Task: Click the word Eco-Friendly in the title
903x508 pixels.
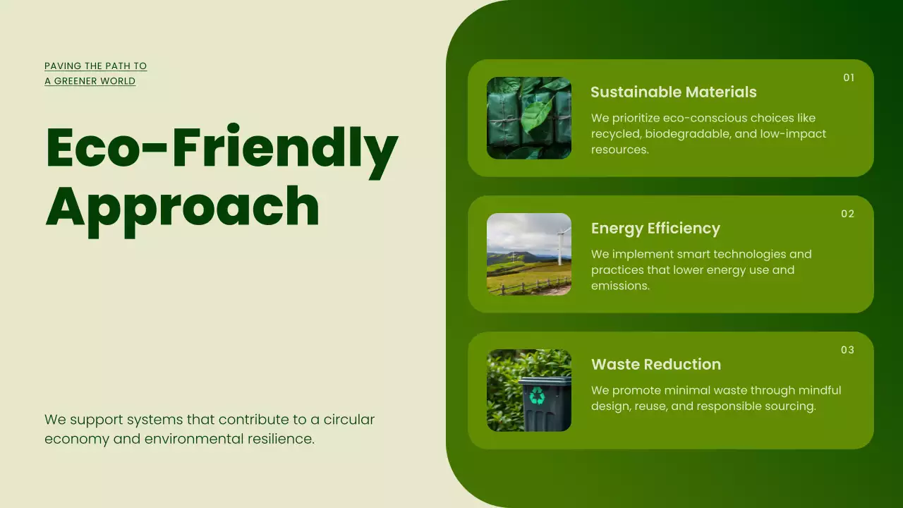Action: (x=222, y=147)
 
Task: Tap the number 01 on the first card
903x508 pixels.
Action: (x=849, y=78)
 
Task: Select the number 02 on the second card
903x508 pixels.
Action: (x=847, y=214)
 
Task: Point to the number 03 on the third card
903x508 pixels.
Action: (x=847, y=350)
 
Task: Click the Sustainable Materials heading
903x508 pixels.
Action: (x=673, y=92)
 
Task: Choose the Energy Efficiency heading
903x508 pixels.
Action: (x=655, y=228)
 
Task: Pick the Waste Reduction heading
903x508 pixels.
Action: (x=655, y=364)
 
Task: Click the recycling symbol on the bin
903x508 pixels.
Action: (x=538, y=396)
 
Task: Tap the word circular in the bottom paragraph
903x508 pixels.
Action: (x=349, y=419)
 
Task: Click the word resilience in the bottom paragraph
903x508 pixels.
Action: (x=281, y=439)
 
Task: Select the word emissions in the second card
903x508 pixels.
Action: (x=619, y=286)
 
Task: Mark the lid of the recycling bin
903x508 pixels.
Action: (x=545, y=381)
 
